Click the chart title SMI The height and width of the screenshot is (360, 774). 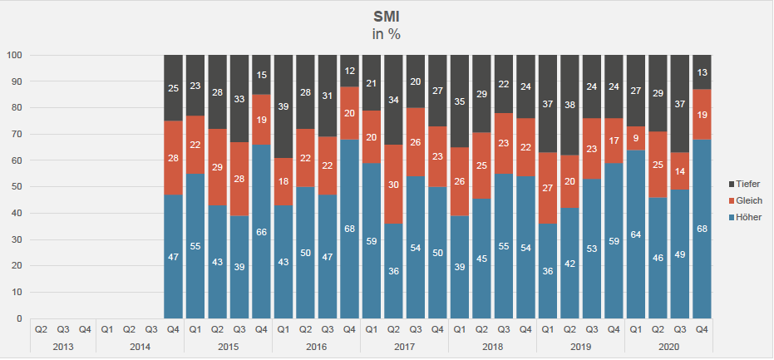[x=387, y=16]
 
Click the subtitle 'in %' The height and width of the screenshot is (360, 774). [x=387, y=34]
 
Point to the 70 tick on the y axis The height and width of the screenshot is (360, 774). [x=16, y=135]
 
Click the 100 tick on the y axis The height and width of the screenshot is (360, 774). [x=13, y=56]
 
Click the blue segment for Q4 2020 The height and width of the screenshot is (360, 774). [x=702, y=229]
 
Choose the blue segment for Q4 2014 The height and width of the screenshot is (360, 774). [x=173, y=256]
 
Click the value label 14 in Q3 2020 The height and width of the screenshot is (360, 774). [x=680, y=171]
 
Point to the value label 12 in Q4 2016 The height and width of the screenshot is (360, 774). [x=349, y=71]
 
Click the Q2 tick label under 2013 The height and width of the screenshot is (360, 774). [x=41, y=328]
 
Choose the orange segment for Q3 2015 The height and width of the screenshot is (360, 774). [x=239, y=179]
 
